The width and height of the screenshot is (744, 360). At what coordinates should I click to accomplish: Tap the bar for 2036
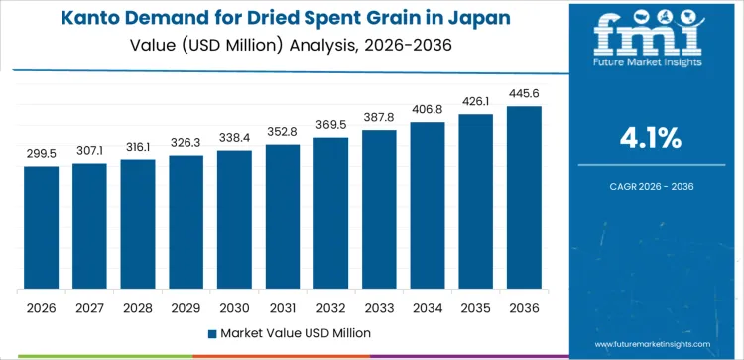point(524,197)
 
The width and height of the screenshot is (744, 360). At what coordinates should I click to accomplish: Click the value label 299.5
point(42,154)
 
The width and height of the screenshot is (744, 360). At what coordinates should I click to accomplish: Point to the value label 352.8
point(283,133)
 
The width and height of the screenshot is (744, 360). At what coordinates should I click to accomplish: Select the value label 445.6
point(524,94)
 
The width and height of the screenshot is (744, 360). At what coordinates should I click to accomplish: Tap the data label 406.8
point(428,110)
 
